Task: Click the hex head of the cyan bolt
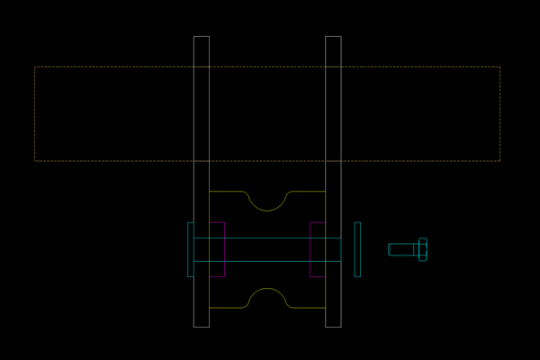tap(423, 249)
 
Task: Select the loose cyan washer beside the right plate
tap(357, 249)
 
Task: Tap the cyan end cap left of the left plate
tap(190, 249)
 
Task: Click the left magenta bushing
tap(217, 249)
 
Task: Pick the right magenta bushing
tap(317, 249)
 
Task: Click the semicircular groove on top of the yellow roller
tap(267, 200)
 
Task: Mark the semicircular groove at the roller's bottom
tap(267, 298)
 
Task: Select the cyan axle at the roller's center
tap(267, 249)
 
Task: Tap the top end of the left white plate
tap(202, 38)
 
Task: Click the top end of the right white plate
tap(333, 38)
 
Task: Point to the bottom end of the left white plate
tap(202, 326)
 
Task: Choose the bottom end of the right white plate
tap(333, 326)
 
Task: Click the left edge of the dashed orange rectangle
tap(35, 113)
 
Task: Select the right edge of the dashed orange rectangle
tap(499, 113)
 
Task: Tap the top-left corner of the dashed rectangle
tap(35, 67)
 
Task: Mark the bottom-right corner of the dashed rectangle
tap(499, 160)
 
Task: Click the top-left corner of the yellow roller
tap(210, 192)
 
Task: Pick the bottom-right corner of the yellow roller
tap(325, 308)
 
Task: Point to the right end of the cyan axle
tap(340, 249)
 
